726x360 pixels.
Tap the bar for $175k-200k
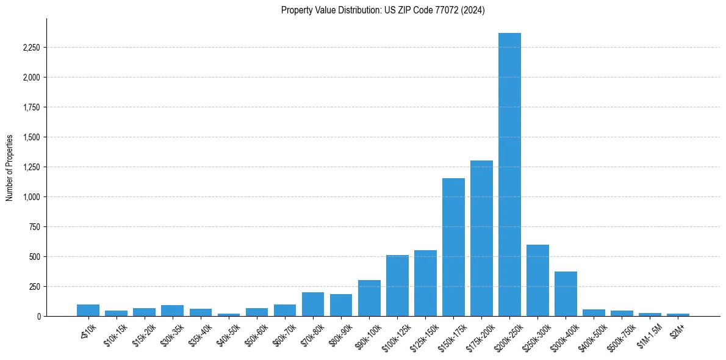point(481,239)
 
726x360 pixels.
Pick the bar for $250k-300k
point(537,281)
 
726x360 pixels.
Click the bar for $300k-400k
point(566,294)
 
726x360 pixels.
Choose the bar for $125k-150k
point(425,283)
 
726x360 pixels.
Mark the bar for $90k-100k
point(369,298)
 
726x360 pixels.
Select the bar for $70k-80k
point(313,304)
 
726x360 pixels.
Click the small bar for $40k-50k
point(229,315)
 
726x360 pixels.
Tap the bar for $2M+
point(678,315)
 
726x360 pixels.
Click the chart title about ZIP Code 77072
point(383,10)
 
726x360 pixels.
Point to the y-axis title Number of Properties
point(10,167)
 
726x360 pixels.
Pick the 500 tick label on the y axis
point(34,257)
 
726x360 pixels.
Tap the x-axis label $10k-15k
point(116,332)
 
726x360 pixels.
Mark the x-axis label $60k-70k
point(285,332)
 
